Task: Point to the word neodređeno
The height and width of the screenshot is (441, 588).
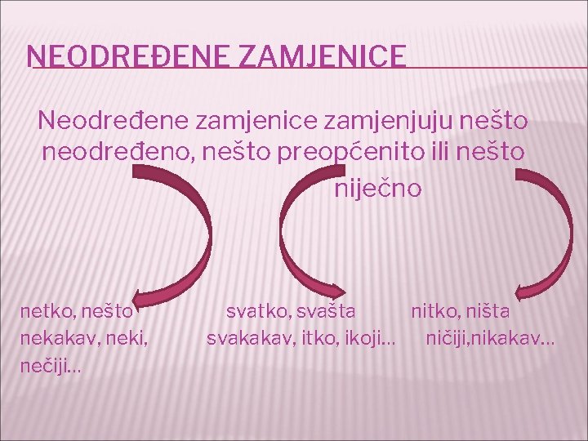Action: click(114, 152)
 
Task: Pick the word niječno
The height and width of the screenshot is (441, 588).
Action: click(378, 189)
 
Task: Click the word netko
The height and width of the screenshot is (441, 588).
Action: click(47, 311)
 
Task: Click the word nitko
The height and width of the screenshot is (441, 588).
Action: click(435, 311)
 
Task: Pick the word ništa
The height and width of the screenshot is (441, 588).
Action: click(490, 311)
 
